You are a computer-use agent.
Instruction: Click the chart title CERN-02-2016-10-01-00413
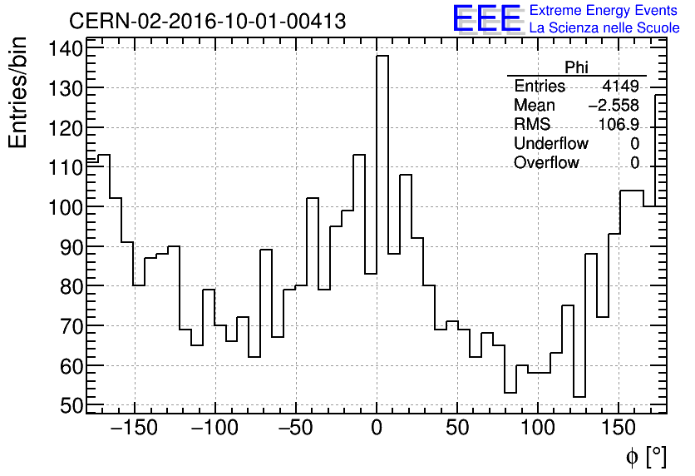coord(207,21)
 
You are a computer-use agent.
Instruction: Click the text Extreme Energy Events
coord(604,11)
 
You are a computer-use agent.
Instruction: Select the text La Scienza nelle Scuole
coord(604,28)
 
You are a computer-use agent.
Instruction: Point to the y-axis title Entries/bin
coord(18,93)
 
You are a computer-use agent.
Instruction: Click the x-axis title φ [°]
coord(646,456)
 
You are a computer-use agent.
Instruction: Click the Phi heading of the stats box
coord(576,68)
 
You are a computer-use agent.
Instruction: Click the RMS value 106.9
coord(619,125)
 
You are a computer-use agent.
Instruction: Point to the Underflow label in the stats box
coord(551,144)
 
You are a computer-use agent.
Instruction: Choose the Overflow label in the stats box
coord(546,163)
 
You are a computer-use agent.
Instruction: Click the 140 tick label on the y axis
coord(67,48)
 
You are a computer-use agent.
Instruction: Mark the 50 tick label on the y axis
coord(72,405)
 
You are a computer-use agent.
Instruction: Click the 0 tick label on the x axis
coord(377,429)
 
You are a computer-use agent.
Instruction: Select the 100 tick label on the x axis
coord(538,429)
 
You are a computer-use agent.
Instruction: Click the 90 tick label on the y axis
coord(72,247)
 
